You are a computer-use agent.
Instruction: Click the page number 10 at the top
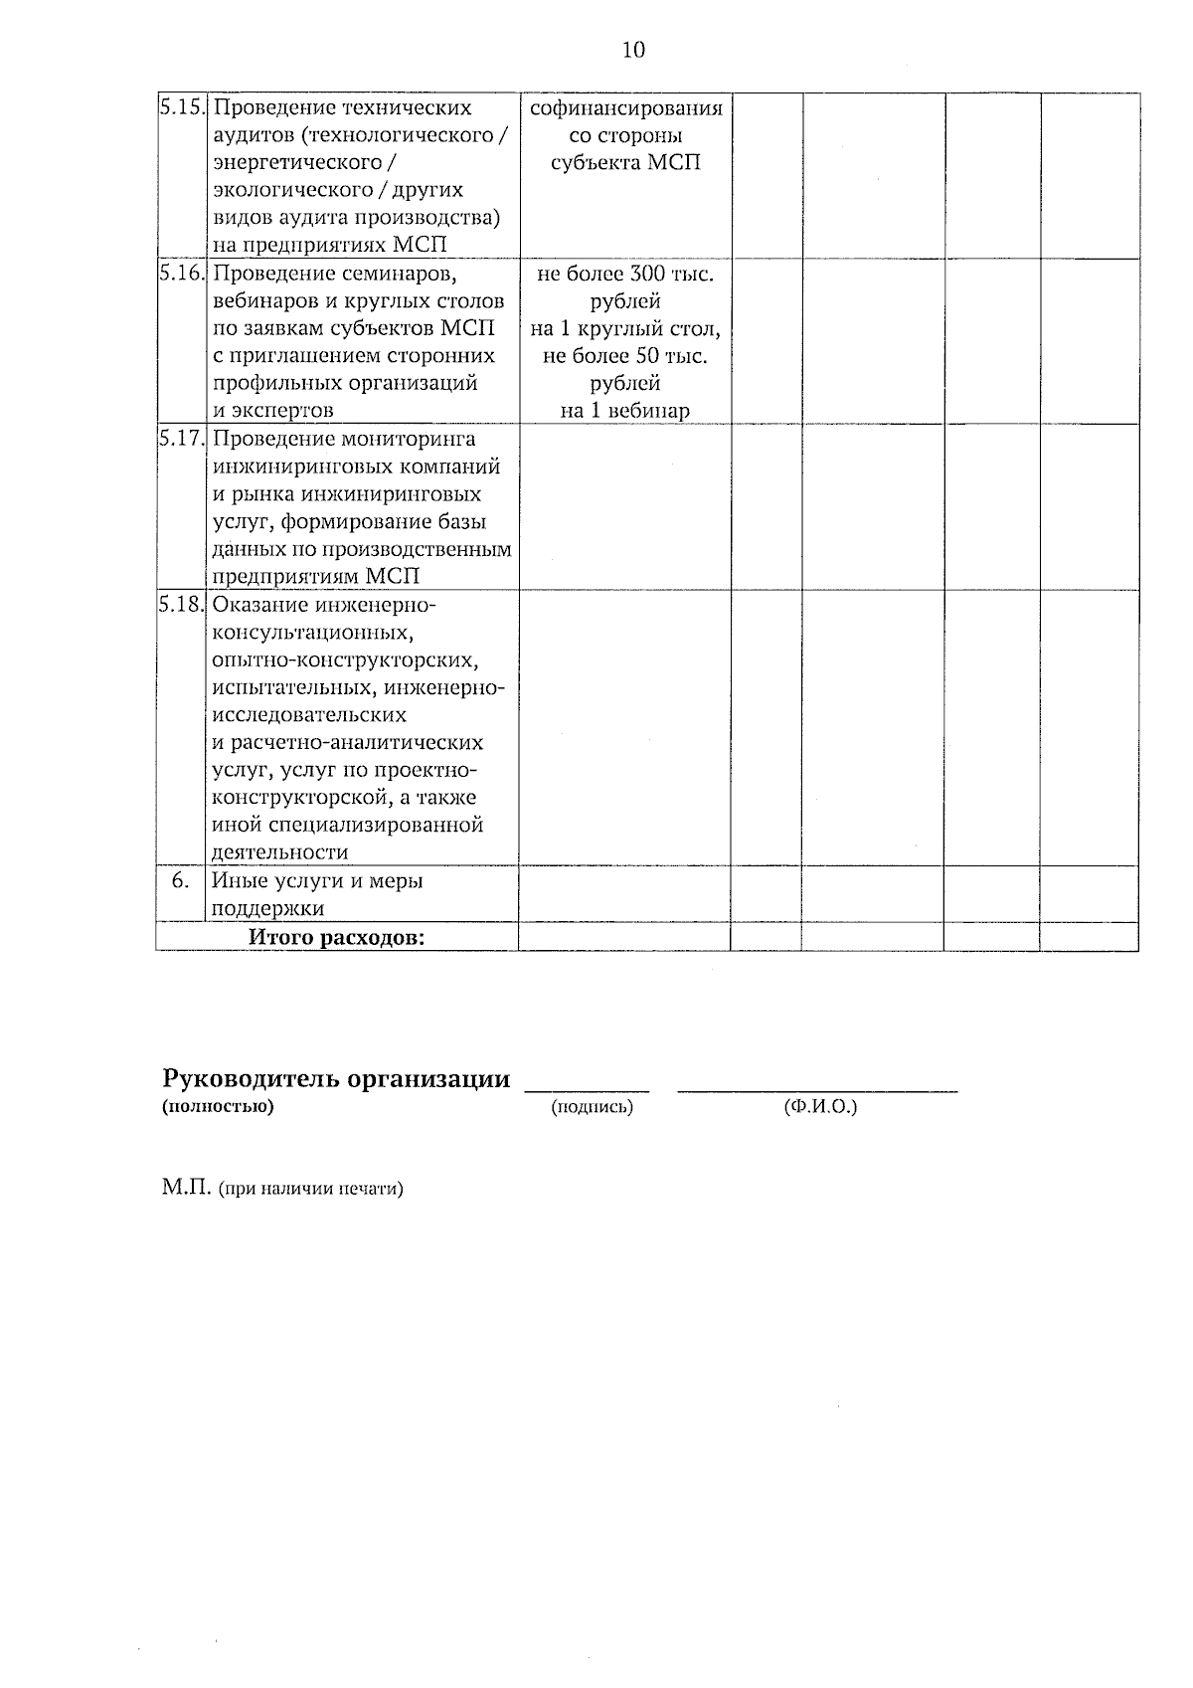(633, 50)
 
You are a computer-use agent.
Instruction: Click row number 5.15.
(182, 107)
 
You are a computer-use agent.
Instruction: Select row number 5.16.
(182, 273)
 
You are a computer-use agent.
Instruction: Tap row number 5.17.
(182, 439)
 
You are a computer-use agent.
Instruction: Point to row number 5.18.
(182, 605)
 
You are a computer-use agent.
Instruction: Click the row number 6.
(180, 880)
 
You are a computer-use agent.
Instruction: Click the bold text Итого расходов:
(336, 937)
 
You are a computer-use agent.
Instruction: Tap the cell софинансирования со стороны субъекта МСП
(625, 134)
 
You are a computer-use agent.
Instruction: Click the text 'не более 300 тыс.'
(625, 274)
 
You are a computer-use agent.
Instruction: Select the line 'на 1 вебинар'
(624, 411)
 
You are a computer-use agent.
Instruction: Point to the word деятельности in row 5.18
(280, 852)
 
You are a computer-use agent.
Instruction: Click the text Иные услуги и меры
(317, 880)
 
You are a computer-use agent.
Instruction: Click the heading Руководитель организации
(336, 1079)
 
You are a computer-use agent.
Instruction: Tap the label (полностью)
(217, 1106)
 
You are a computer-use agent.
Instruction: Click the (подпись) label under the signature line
(592, 1107)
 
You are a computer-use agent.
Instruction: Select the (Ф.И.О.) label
(819, 1107)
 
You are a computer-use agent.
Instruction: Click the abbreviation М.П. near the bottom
(185, 1188)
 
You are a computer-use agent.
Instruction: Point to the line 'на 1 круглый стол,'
(625, 328)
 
